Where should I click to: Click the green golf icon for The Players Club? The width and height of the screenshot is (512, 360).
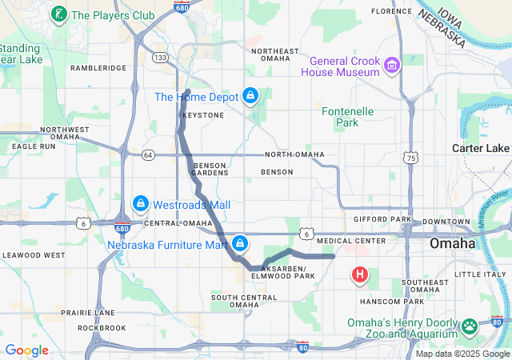pyautogui.click(x=59, y=14)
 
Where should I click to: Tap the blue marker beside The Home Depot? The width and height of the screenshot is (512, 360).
pyautogui.click(x=251, y=96)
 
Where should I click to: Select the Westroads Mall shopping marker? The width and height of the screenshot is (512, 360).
pyautogui.click(x=141, y=205)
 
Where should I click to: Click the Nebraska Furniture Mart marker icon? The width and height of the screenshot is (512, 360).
pyautogui.click(x=239, y=243)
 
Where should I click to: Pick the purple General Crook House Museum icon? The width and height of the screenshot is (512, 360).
pyautogui.click(x=392, y=65)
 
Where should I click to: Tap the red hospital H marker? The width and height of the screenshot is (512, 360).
pyautogui.click(x=360, y=275)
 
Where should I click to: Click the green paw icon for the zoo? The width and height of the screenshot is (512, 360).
pyautogui.click(x=469, y=326)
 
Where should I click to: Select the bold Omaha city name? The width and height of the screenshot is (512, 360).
pyautogui.click(x=452, y=243)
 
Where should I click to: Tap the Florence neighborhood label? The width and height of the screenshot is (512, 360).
pyautogui.click(x=392, y=11)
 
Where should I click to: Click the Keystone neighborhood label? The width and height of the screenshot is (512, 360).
pyautogui.click(x=204, y=115)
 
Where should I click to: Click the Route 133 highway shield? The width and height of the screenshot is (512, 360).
pyautogui.click(x=161, y=58)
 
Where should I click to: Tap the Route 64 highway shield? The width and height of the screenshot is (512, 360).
pyautogui.click(x=149, y=154)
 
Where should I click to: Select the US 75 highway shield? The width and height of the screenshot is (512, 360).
pyautogui.click(x=410, y=158)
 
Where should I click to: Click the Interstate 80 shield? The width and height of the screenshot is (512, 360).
pyautogui.click(x=302, y=346)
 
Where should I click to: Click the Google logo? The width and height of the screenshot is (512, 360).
pyautogui.click(x=26, y=350)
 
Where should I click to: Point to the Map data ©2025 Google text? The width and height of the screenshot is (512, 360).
pyautogui.click(x=462, y=354)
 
